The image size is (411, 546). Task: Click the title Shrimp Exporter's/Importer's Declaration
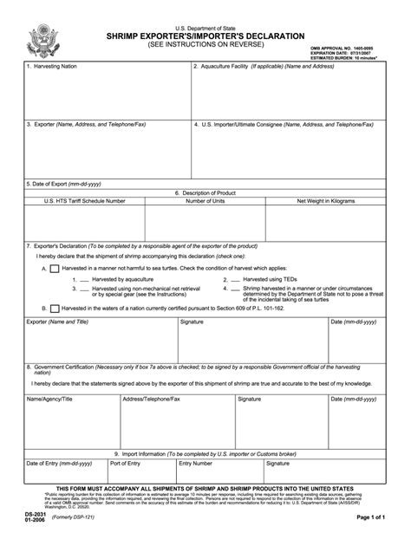coord(206,36)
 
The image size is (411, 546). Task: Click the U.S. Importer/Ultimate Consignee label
coord(286,125)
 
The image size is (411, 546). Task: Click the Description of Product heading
coord(205,192)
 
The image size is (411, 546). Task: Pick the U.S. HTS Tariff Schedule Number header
coord(85,200)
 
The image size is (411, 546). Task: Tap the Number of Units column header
coord(205,200)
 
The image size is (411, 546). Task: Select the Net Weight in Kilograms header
coord(326,200)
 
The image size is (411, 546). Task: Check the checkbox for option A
coord(55,269)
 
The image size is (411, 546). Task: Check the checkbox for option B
coord(55,307)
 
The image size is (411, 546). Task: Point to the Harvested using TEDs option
coord(274,279)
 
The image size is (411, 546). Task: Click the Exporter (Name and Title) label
coord(57,322)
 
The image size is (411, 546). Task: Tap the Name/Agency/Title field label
coord(49,400)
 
